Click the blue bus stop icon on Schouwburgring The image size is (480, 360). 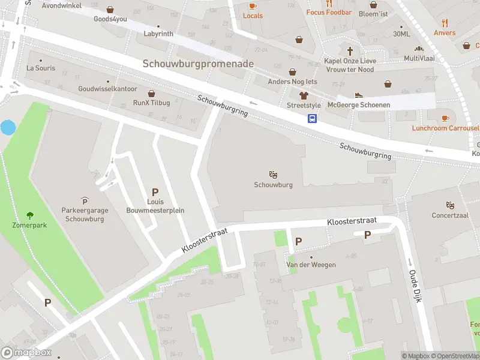point(313,118)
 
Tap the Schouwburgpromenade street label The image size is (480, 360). point(198,64)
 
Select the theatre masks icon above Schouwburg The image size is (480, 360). point(273,175)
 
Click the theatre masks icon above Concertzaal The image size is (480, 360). point(450,205)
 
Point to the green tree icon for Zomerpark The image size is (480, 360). point(29,215)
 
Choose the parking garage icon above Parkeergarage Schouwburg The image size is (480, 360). point(83,200)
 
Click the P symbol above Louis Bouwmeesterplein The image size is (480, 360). point(155,192)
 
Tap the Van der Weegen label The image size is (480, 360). point(311,265)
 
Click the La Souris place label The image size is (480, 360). point(41,68)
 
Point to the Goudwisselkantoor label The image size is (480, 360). point(108,89)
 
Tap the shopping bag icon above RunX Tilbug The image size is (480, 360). point(151,94)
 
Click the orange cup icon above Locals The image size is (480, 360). point(253,6)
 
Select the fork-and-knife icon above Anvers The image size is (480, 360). point(445,23)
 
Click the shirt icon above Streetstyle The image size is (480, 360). point(304,95)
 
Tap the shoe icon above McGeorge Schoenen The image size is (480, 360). point(359,95)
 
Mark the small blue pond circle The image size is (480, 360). point(8,127)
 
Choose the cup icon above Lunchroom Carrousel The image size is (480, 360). point(445,118)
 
